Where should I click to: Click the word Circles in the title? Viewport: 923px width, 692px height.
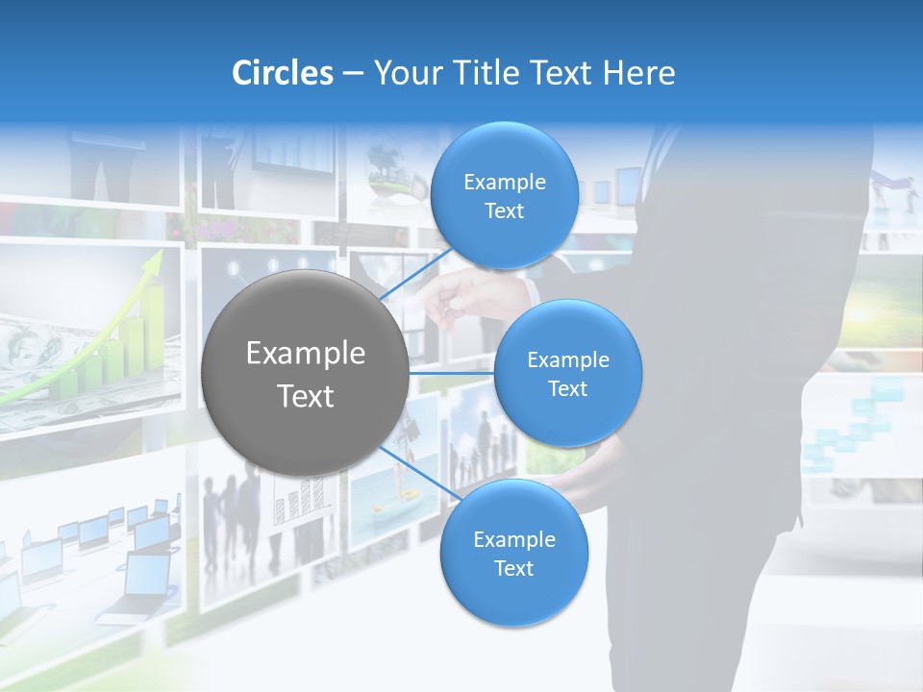pos(283,73)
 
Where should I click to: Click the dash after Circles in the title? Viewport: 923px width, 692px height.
pos(353,74)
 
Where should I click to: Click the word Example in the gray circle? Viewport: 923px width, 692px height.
pos(306,354)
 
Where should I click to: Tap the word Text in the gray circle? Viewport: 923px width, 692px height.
pos(306,396)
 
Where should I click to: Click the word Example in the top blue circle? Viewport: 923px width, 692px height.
pos(504,183)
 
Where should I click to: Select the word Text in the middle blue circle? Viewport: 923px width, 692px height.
pos(567,389)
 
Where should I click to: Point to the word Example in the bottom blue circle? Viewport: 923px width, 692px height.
pos(513,540)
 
